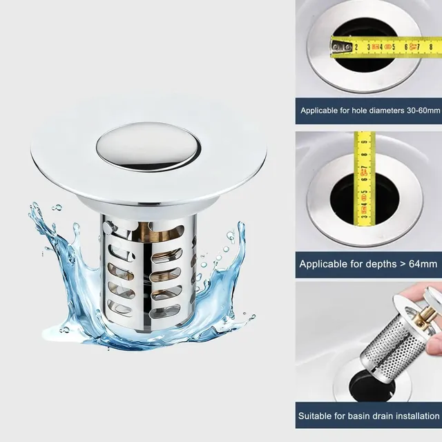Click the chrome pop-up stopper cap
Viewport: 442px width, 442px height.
[149, 146]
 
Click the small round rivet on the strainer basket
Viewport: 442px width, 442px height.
[106, 226]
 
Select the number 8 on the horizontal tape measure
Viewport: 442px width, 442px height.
[431, 47]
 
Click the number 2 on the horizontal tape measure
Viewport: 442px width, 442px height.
[356, 47]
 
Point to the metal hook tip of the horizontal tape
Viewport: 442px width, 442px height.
[338, 46]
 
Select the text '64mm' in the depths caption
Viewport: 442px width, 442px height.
[423, 264]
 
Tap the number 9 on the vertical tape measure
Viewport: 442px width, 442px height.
[364, 142]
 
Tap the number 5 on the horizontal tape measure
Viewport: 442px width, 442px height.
[394, 47]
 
